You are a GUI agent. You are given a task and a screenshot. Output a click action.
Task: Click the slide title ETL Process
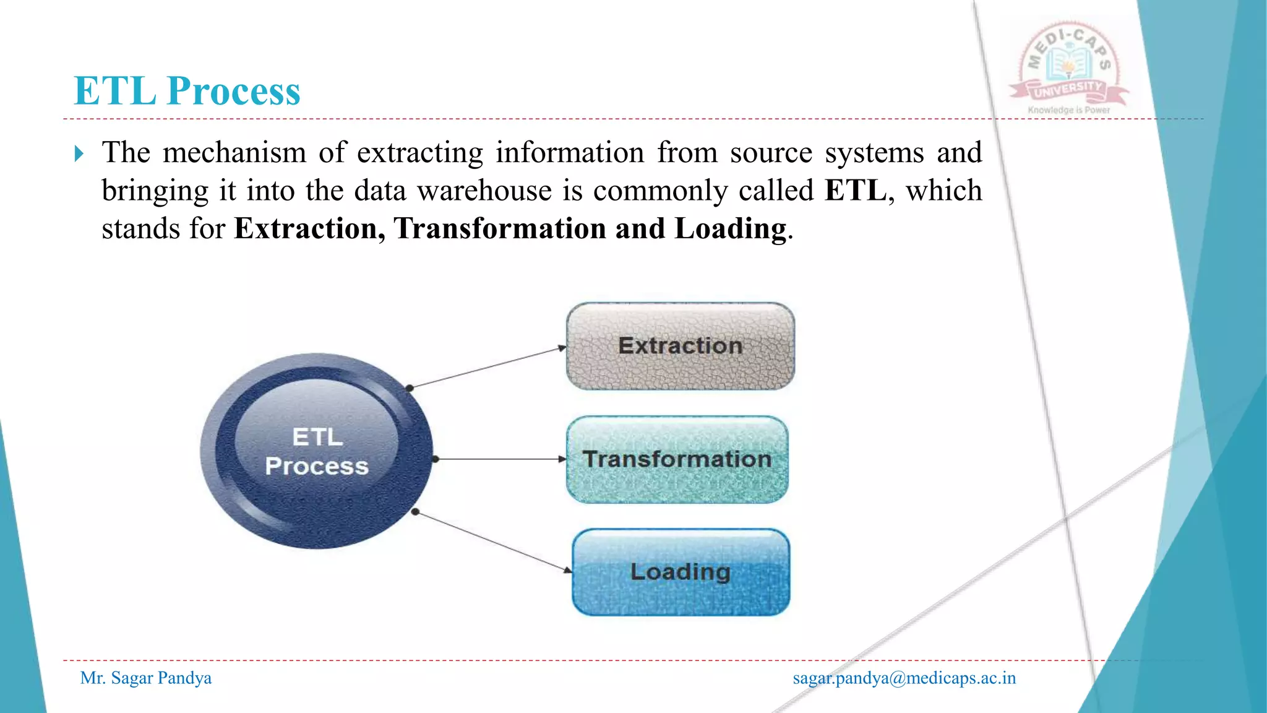tap(187, 91)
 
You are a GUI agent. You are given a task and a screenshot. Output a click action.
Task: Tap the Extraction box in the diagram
tap(680, 346)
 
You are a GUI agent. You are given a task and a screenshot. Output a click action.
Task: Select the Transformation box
tap(677, 459)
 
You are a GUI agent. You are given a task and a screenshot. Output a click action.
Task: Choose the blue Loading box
tap(681, 572)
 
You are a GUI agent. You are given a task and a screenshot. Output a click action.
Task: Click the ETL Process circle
tap(317, 451)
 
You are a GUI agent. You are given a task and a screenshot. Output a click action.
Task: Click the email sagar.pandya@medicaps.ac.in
tap(904, 678)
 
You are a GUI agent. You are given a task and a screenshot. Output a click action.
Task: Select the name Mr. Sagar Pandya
tap(146, 678)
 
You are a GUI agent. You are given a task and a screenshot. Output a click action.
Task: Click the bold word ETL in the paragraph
tap(856, 190)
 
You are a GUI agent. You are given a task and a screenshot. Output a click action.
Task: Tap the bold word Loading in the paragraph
tap(730, 228)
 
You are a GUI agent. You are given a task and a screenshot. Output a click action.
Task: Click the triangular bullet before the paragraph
tap(79, 153)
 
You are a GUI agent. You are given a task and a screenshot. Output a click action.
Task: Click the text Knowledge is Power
tap(1068, 110)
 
